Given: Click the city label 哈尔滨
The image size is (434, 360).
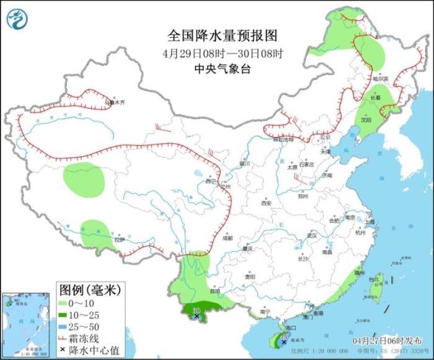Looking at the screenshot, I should [380, 79].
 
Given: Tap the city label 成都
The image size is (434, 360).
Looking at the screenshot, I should [228, 238].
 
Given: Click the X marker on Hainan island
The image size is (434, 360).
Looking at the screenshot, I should [284, 342].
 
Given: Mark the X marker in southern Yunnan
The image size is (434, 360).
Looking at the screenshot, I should [197, 316].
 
